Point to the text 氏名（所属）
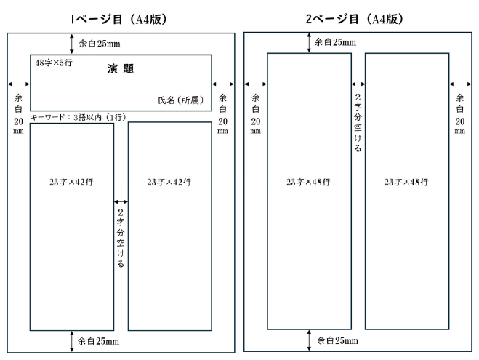(182, 100)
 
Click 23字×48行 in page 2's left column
(308, 182)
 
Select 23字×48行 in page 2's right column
(406, 182)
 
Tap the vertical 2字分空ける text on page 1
(121, 238)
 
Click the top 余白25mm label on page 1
(100, 43)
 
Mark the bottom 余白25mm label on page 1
(100, 340)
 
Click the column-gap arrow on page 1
(121, 201)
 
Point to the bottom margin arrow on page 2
(310, 340)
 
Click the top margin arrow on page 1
(71, 43)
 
